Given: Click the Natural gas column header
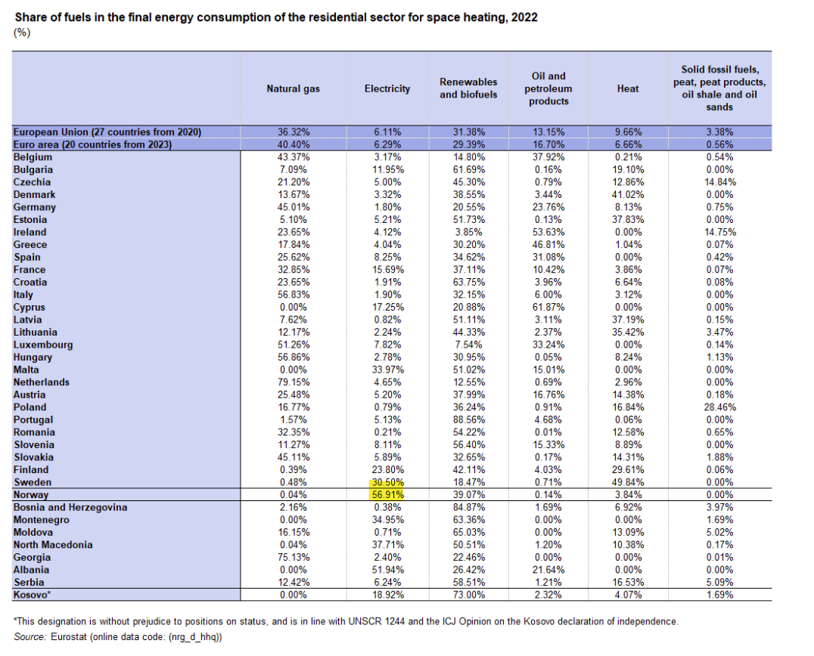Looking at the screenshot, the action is [293, 88].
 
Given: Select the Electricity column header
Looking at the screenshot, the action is [387, 88].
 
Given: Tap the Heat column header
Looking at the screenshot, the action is [628, 88].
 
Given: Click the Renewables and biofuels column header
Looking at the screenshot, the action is [468, 88].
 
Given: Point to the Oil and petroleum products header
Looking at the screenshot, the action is [548, 88].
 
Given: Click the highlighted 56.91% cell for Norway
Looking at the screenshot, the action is [387, 495].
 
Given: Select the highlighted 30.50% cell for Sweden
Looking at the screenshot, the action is [387, 482].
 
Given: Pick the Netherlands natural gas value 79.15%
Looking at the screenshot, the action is [294, 382].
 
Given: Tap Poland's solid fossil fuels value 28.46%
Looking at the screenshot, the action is [719, 407].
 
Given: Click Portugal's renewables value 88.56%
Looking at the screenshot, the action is [468, 419].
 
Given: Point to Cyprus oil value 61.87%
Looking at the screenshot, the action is [548, 307].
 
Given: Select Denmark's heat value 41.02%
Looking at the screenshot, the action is [628, 194].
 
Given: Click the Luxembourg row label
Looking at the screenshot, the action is [43, 345].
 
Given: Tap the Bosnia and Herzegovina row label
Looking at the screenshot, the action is [70, 507].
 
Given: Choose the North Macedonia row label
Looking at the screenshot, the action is [53, 544].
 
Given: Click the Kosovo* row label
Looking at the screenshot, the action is [32, 595].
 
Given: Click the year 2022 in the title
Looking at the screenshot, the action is [524, 17].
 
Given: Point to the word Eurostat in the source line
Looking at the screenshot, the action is [69, 636].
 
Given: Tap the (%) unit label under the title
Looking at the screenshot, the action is [22, 32].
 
